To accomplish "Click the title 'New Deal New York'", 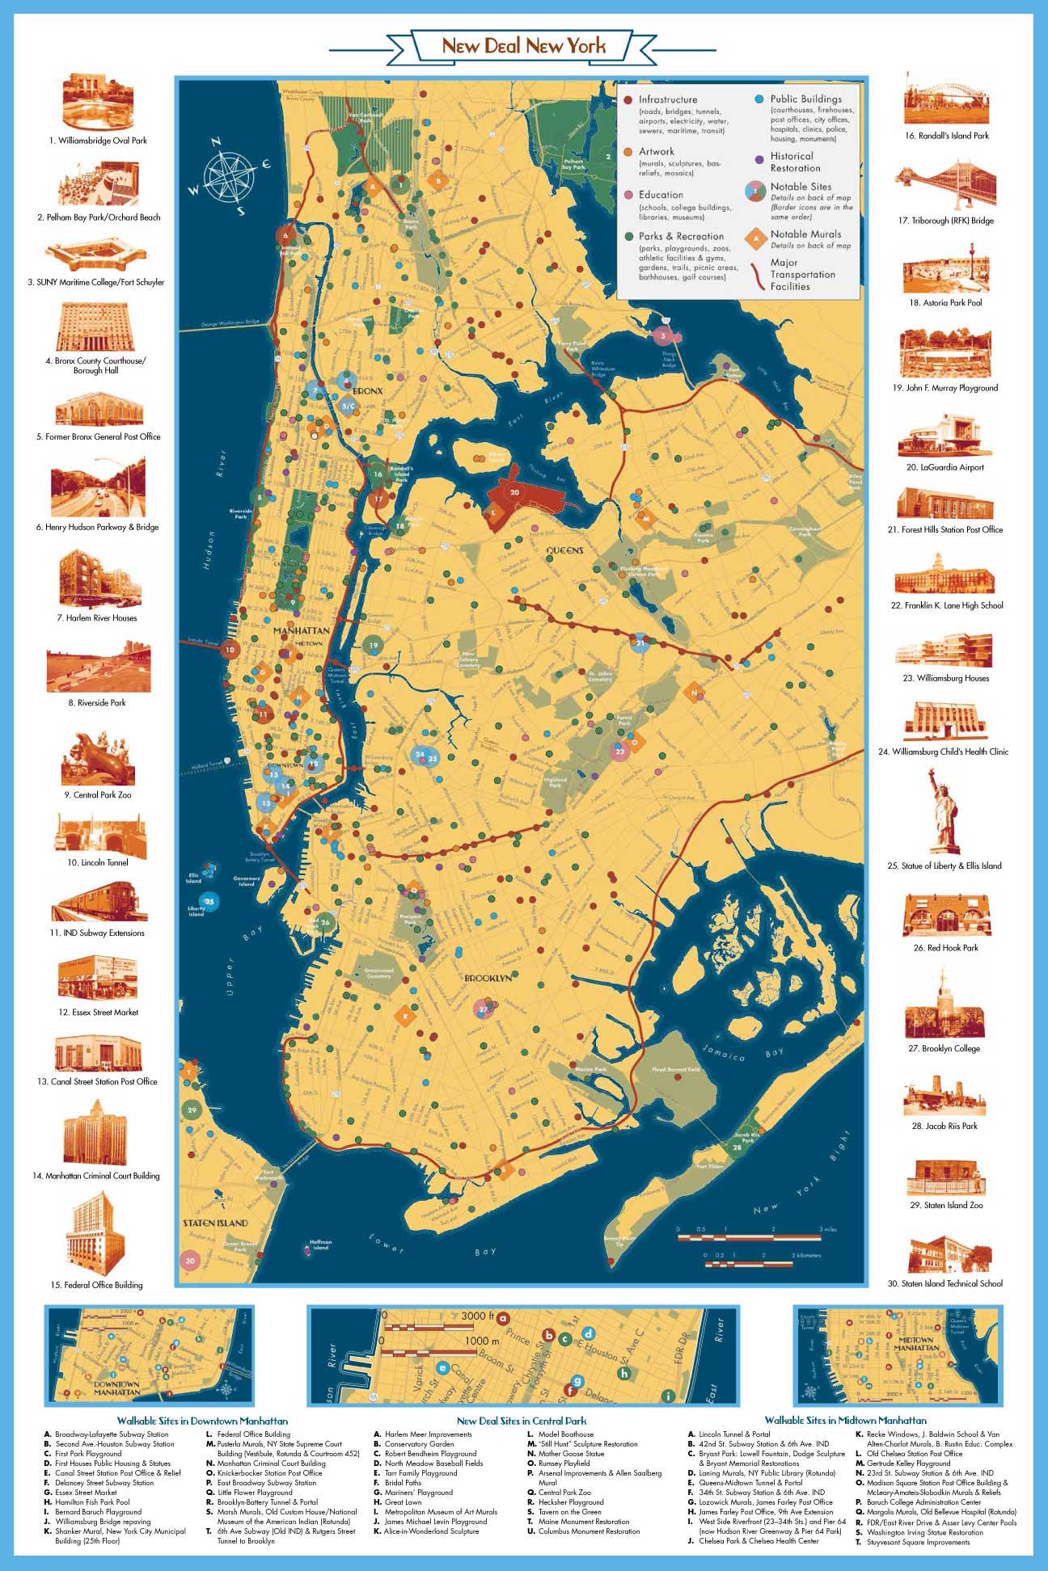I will pyautogui.click(x=523, y=46).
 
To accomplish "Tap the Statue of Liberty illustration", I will pyautogui.click(x=943, y=811).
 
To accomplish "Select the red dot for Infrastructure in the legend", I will pyautogui.click(x=628, y=99).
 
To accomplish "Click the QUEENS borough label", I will pyautogui.click(x=564, y=550).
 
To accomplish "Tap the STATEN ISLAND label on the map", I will pyautogui.click(x=215, y=1223).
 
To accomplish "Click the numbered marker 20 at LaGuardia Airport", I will pyautogui.click(x=514, y=491).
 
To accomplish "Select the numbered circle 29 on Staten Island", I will pyautogui.click(x=192, y=1110).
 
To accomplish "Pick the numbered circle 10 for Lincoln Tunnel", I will pyautogui.click(x=230, y=649).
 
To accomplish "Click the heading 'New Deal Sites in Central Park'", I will pyautogui.click(x=521, y=1421).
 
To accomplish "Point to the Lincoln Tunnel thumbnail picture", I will pyautogui.click(x=100, y=835).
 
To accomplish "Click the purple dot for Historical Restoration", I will pyautogui.click(x=759, y=160).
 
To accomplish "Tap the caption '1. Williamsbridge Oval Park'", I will pyautogui.click(x=98, y=141).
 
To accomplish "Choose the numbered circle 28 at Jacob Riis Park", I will pyautogui.click(x=737, y=1147).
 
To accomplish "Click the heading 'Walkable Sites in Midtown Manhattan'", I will pyautogui.click(x=845, y=1421).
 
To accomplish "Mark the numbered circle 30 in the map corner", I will pyautogui.click(x=190, y=1260).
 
